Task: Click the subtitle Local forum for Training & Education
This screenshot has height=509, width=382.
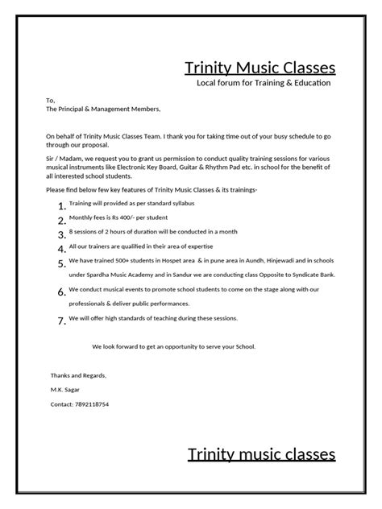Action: pos(264,83)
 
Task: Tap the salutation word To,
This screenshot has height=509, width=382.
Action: pos(50,101)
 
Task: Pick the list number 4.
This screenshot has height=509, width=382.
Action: pos(61,248)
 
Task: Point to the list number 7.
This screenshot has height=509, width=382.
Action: pos(61,321)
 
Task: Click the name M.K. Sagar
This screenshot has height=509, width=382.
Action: pos(65,390)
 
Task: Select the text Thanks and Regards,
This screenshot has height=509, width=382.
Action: pos(78,375)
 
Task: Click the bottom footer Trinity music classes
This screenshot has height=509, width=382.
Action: pos(261,455)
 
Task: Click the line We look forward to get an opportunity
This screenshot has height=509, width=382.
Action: pos(173,346)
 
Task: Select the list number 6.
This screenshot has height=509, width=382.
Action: pos(61,292)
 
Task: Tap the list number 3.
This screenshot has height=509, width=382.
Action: pos(61,234)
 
